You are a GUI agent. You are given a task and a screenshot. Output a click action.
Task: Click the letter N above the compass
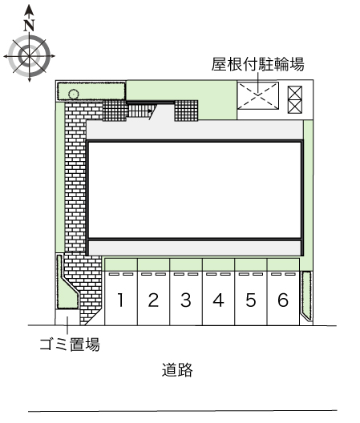(29, 26)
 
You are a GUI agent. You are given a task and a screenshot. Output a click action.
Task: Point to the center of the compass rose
(29, 56)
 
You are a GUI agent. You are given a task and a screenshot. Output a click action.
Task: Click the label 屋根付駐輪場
(257, 64)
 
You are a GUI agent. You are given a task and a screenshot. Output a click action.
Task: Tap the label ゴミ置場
(70, 344)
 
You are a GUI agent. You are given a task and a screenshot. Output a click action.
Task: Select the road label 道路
(177, 369)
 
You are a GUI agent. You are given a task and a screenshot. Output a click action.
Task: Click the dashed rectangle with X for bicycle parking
(258, 96)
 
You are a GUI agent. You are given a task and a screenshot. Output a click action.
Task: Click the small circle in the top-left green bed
(74, 95)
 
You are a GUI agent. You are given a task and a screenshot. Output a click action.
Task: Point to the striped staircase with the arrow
(140, 111)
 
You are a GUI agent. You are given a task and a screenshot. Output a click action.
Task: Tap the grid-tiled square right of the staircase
(186, 111)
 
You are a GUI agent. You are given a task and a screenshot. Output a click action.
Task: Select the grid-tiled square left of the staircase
(115, 111)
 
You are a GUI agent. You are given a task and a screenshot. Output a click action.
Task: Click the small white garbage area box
(67, 317)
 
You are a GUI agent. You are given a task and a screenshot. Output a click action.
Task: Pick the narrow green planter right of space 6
(306, 295)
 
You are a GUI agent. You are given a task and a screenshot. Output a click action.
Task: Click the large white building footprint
(195, 189)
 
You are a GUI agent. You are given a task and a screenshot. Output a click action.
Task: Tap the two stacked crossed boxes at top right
(294, 99)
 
